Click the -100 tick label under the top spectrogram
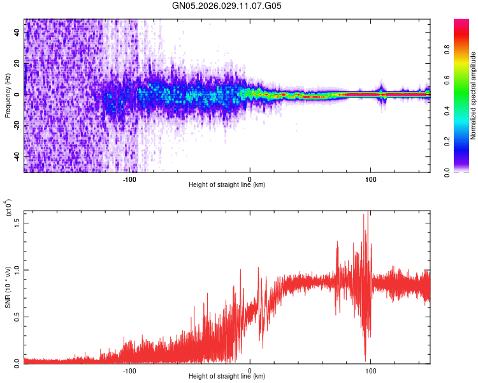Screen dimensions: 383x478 pyautogui.click(x=130, y=179)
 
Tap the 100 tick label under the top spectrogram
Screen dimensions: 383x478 pyautogui.click(x=370, y=179)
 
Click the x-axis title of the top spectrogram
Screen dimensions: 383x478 pyautogui.click(x=227, y=186)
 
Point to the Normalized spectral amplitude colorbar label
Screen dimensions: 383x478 pyautogui.click(x=474, y=96)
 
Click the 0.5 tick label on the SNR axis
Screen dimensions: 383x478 pyautogui.click(x=16, y=316)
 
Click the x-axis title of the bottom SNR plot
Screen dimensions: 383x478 pyautogui.click(x=227, y=377)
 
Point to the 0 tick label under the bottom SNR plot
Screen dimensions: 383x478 pyautogui.click(x=250, y=370)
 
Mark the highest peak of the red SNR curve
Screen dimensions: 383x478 pyautogui.click(x=365, y=214)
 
